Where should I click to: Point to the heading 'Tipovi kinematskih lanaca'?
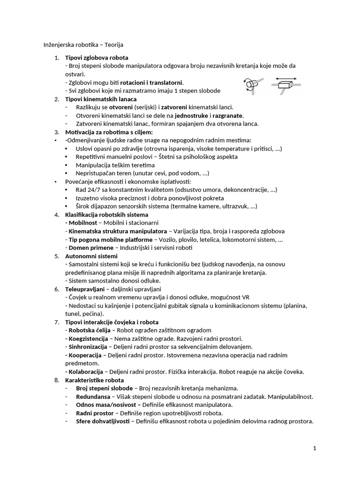[101, 99]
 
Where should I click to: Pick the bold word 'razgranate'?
[228, 115]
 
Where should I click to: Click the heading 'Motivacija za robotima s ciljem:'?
[109, 132]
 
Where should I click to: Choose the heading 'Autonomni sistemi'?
[91, 256]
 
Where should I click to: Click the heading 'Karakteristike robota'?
[94, 380]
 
